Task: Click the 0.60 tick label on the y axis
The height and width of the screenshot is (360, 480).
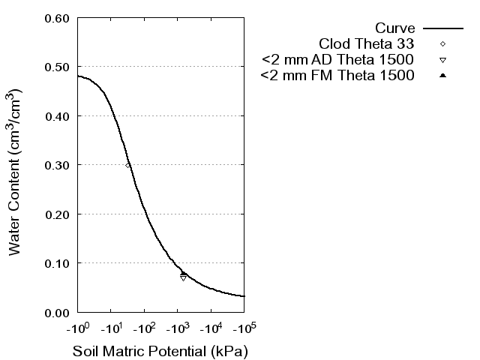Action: (58, 18)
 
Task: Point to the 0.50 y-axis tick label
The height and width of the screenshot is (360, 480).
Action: (58, 67)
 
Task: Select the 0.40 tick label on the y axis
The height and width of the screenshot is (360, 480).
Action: (58, 116)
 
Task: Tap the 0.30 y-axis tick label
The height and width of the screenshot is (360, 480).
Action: (58, 165)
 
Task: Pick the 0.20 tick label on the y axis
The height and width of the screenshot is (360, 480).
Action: (58, 214)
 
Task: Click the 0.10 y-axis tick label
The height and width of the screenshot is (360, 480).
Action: (58, 263)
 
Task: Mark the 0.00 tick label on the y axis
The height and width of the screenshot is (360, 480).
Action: (58, 312)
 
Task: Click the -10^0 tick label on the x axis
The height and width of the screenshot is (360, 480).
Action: (77, 328)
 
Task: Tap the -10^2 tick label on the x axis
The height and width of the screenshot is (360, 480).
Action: (144, 328)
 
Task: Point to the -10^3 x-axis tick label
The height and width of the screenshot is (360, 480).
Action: (177, 328)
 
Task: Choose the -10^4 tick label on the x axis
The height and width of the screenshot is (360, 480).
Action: (211, 328)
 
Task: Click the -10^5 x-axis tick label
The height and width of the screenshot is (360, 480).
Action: (244, 328)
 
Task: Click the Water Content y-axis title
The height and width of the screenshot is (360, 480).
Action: (16, 172)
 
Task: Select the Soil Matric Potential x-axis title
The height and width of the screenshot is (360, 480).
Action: (160, 351)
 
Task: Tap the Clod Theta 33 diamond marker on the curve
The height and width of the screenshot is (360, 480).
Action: (128, 165)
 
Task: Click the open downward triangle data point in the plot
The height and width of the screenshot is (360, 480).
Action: (183, 278)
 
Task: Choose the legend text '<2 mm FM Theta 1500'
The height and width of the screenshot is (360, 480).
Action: (337, 76)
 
